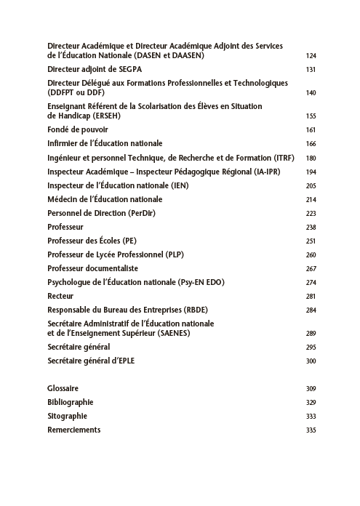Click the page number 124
coord(311,55)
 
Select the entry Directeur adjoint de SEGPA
coord(95,69)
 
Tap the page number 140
coord(311,93)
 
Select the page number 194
coord(311,172)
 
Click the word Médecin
coord(63,199)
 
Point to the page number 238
coord(311,228)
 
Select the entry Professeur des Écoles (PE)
coord(92,241)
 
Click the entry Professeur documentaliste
coord(92,269)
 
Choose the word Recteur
coord(60,296)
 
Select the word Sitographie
coord(67,416)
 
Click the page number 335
coord(311,430)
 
